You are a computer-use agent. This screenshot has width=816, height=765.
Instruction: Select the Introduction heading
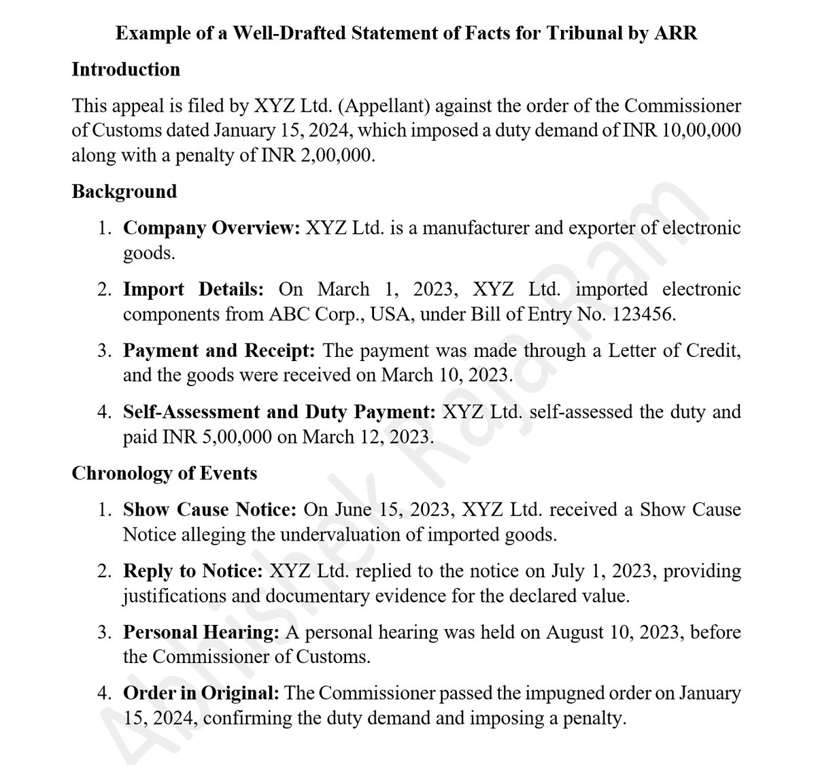pyautogui.click(x=126, y=69)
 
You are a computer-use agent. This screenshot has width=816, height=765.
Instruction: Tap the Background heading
pyautogui.click(x=124, y=192)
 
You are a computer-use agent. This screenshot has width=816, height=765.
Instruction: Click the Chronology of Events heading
pyautogui.click(x=165, y=473)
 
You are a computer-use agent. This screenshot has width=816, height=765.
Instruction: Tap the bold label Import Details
pyautogui.click(x=193, y=290)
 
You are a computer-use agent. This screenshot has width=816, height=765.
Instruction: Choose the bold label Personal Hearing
pyautogui.click(x=201, y=632)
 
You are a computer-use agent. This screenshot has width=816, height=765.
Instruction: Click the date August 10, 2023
pyautogui.click(x=611, y=632)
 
